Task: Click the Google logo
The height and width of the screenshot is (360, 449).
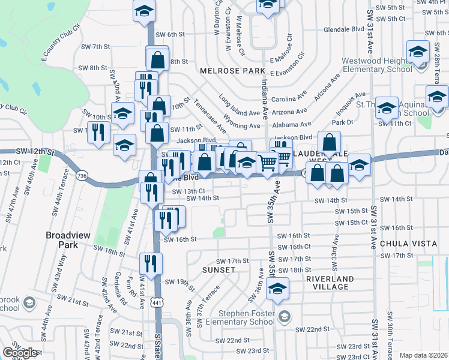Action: pos(20,353)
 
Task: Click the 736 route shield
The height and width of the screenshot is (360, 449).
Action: pos(82,175)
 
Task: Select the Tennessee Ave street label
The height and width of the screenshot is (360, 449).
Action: pos(210,116)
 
